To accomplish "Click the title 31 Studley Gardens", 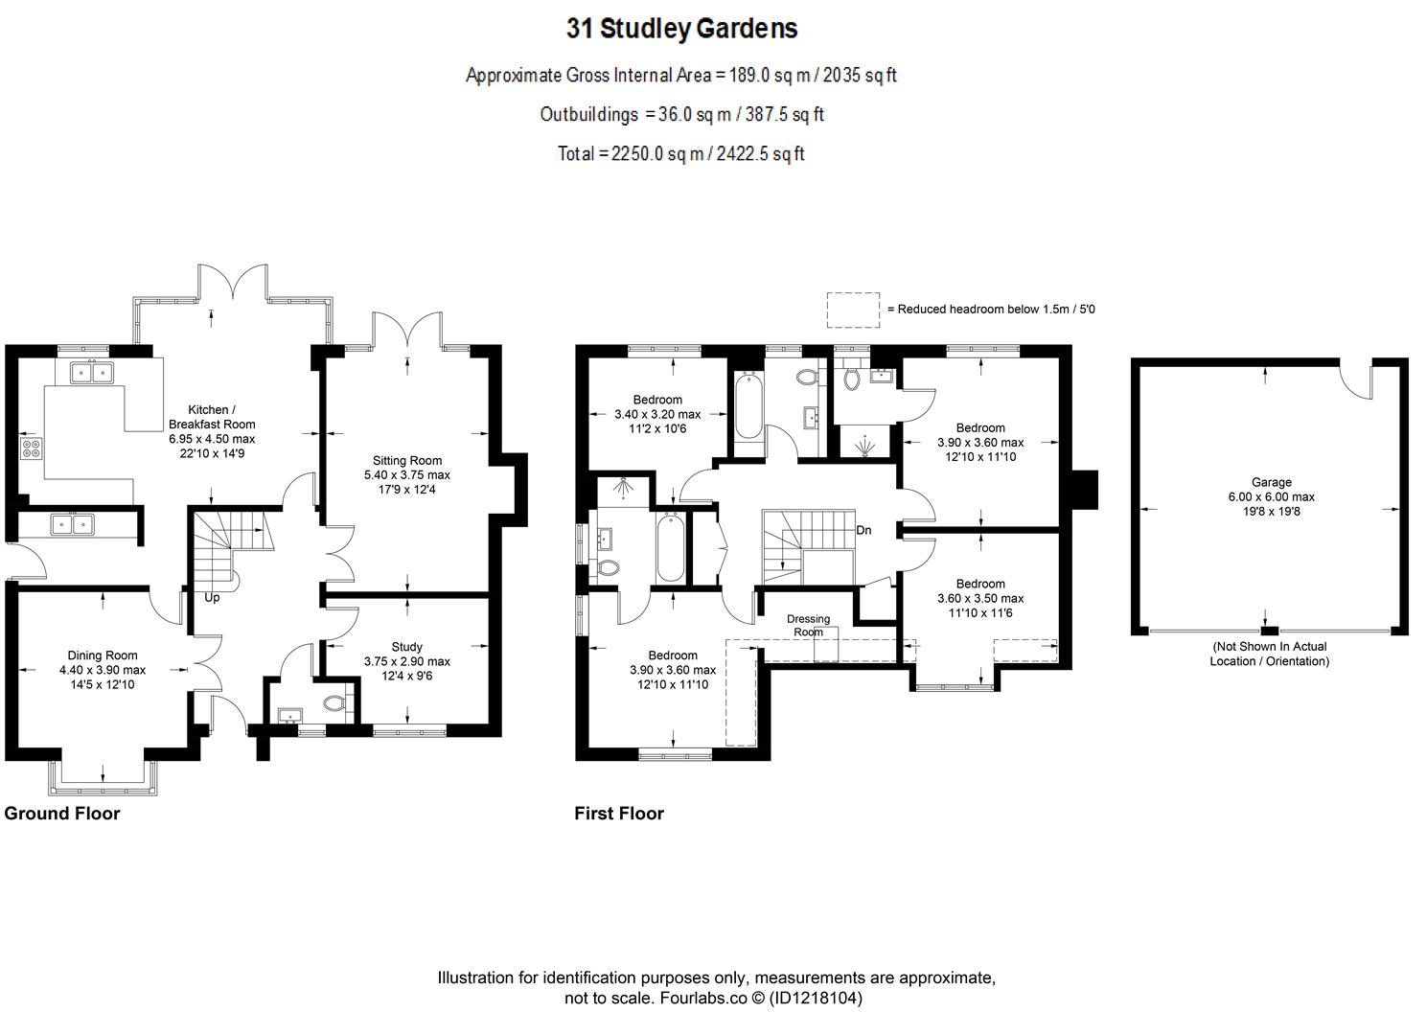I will click(x=681, y=29).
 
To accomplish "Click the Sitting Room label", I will click(x=406, y=461).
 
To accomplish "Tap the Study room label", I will click(x=406, y=647).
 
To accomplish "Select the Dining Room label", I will click(x=103, y=656).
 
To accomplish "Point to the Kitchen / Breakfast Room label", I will click(x=212, y=417).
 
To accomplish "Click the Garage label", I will click(x=1271, y=483).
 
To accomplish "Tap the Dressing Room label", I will click(x=808, y=625).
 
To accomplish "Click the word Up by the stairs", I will click(x=213, y=597).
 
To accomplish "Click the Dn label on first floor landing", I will click(x=863, y=530).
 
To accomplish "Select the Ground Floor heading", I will click(x=62, y=814).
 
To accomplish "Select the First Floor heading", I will click(x=618, y=814).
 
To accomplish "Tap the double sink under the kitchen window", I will click(x=93, y=372).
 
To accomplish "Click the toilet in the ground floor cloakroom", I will click(x=334, y=704).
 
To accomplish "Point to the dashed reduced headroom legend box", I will click(x=853, y=310).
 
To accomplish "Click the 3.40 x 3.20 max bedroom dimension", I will click(x=656, y=415).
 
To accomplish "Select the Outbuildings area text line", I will click(x=681, y=114).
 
